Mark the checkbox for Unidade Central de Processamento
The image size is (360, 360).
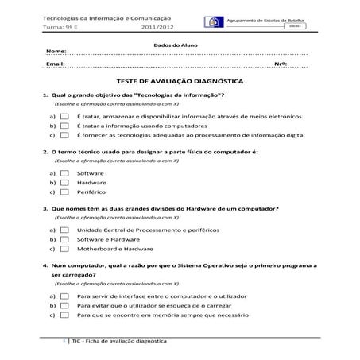pos(65,229)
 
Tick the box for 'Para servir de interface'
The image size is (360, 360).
pos(65,295)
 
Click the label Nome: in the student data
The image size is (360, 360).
pos(56,52)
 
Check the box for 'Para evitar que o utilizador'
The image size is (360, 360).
pos(65,305)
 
